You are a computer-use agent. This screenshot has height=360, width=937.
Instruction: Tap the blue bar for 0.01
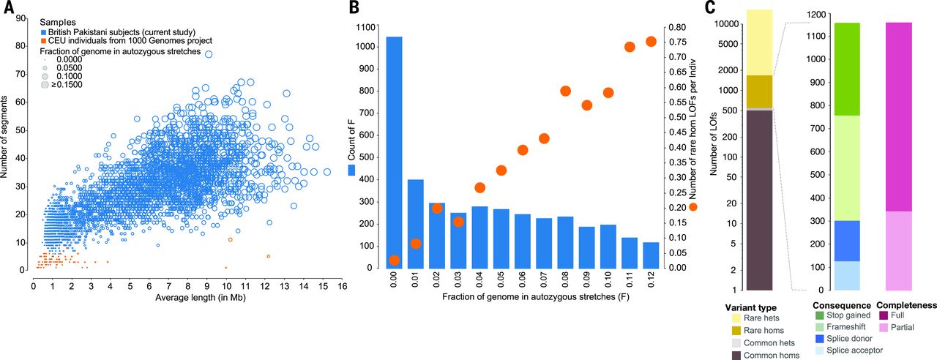[x=415, y=224]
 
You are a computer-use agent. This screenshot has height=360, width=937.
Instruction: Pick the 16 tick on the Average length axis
[x=342, y=285]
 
